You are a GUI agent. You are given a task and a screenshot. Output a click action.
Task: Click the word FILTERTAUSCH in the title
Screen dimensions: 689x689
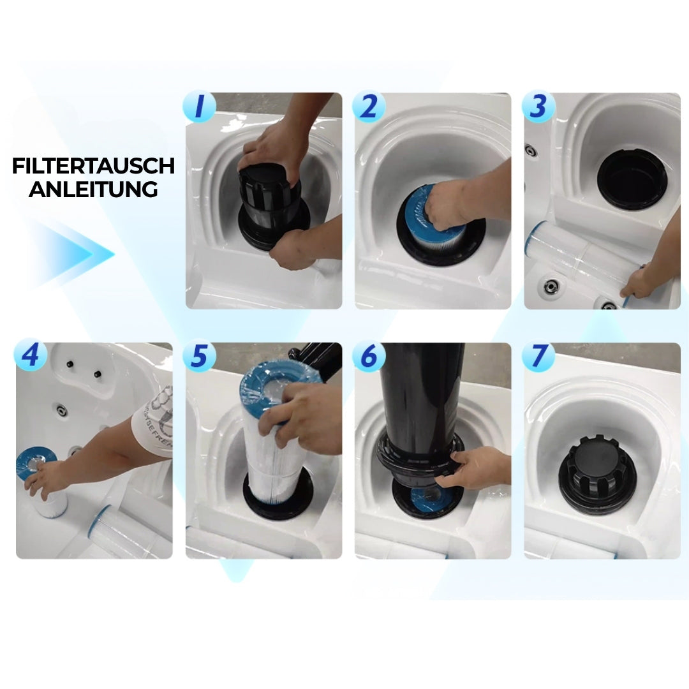click(93, 166)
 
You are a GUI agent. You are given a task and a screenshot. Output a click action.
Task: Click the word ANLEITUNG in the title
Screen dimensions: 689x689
click(93, 189)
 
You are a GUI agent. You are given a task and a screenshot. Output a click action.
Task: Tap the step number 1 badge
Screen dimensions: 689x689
click(200, 107)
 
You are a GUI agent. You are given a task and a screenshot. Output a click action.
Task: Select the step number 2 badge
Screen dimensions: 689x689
click(369, 107)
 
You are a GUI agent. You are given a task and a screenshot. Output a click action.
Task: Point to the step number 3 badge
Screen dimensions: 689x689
click(538, 107)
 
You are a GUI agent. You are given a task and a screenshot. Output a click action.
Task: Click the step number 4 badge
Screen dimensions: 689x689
click(31, 355)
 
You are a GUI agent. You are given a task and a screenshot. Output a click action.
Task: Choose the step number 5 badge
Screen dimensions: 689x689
click(200, 355)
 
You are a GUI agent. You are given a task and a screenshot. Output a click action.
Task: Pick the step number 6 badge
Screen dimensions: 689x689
click(369, 355)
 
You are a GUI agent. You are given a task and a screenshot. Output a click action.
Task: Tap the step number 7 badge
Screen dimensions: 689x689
click(538, 355)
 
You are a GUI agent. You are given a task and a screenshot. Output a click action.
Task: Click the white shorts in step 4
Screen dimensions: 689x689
click(154, 422)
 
